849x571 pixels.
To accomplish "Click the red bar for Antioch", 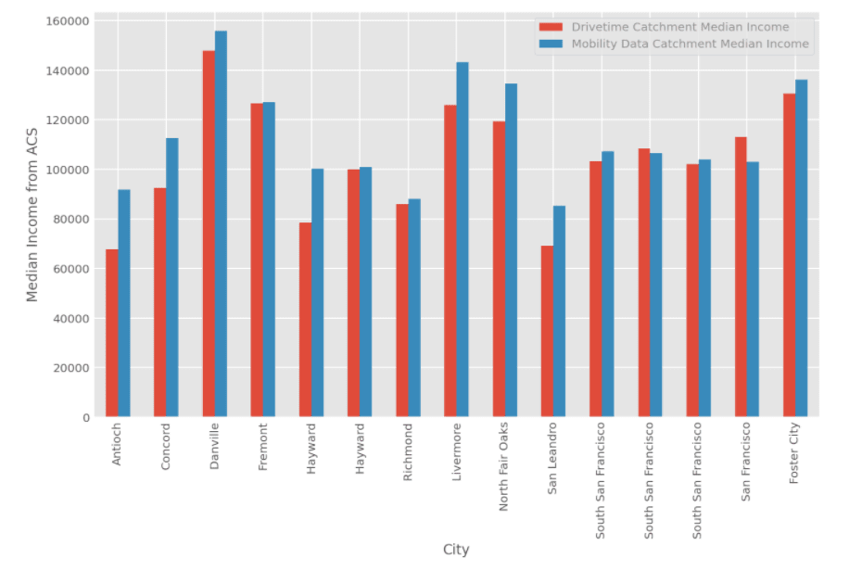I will (x=112, y=333).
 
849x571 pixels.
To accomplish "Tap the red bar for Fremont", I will (x=257, y=260).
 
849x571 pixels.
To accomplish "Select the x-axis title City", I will (x=456, y=550).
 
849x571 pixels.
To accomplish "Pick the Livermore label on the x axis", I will (x=456, y=451).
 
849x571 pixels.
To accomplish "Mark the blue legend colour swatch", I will (x=552, y=44).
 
